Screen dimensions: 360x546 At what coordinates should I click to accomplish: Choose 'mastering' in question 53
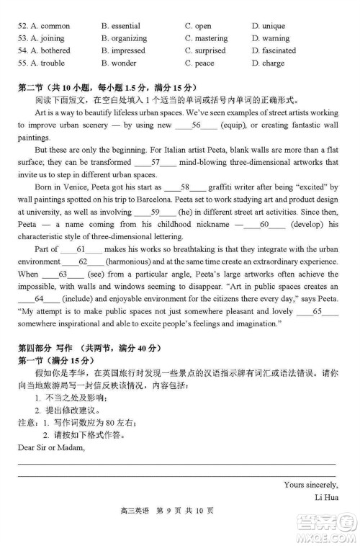[212, 38]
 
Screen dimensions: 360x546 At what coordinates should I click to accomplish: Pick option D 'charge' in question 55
[273, 63]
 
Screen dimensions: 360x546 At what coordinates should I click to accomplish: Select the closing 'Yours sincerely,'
[310, 483]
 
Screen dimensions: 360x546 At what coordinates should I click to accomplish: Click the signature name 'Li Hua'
[325, 496]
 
